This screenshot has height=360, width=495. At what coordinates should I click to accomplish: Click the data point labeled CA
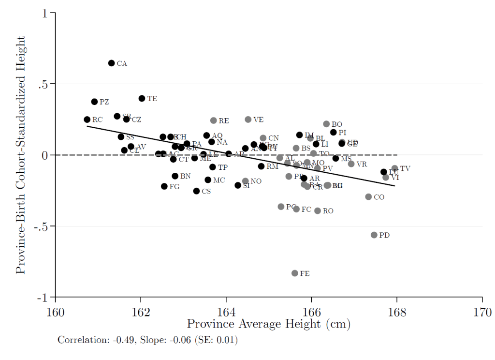coord(111,63)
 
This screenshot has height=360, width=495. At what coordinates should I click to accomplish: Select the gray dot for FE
coord(294,273)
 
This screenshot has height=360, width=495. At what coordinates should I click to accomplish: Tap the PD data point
coord(374,235)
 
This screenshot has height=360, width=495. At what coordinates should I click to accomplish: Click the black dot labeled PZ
coord(94,102)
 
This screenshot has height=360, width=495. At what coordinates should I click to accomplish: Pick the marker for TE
coord(142,98)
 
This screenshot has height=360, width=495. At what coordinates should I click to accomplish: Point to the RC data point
coord(87,120)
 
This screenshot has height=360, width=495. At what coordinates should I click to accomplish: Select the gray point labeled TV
coord(394,168)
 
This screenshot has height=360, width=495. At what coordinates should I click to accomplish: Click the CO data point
coord(368,197)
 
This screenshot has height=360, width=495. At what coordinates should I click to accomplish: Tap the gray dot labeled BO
coord(326,124)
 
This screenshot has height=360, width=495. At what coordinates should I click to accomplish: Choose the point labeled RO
coord(318,211)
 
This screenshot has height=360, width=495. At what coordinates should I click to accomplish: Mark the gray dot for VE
coord(248,120)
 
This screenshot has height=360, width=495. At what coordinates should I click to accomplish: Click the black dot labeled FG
coord(164,186)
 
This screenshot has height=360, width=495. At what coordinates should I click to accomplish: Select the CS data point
coord(196,191)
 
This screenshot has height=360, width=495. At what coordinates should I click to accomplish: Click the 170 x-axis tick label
coord(482,311)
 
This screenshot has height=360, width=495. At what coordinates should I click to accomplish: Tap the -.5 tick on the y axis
coord(45,226)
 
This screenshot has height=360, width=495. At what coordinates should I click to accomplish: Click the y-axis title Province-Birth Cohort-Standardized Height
coord(20,154)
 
